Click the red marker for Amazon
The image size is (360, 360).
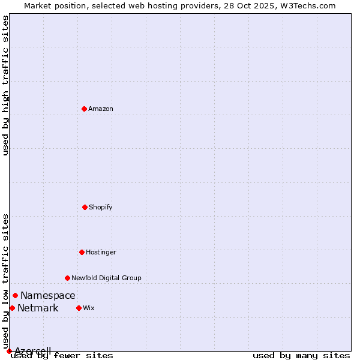coord(84,109)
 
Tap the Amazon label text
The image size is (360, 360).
coord(101,109)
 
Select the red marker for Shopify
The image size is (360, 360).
coord(85,207)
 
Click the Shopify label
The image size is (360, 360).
coord(101,208)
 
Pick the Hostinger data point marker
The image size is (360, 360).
coord(82,252)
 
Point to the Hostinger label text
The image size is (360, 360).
coord(101,253)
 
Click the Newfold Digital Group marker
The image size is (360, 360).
coord(67,278)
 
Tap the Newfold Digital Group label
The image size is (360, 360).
coord(106,278)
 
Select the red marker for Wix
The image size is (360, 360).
coord(79,308)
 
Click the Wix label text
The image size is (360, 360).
coord(89,308)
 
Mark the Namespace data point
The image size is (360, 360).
coord(15,295)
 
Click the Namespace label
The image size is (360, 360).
coord(48,296)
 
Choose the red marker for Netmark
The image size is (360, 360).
coord(12,308)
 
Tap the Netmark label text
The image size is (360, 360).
coord(38,308)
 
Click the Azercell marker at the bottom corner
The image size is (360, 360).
coord(9,351)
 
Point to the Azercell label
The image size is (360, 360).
coord(32,350)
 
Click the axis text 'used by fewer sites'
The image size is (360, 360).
coord(62,356)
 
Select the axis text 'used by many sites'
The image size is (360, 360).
coord(301,356)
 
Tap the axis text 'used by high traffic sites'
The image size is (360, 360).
coord(6,85)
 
